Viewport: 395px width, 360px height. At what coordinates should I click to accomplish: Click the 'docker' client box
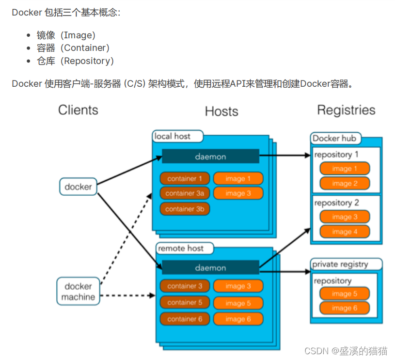(x=78, y=187)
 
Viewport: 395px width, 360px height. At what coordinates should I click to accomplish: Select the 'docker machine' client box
(x=78, y=291)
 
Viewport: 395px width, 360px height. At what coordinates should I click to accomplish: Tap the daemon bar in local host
(x=210, y=157)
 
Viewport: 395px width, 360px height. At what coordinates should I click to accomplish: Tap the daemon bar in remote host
(x=210, y=267)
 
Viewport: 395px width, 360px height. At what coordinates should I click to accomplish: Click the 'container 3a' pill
(x=185, y=193)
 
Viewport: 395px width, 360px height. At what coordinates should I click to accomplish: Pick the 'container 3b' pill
(x=185, y=209)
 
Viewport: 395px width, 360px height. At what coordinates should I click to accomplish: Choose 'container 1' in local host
(x=185, y=178)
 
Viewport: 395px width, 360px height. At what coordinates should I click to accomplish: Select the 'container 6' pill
(x=185, y=319)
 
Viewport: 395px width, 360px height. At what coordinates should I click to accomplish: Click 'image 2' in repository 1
(x=345, y=184)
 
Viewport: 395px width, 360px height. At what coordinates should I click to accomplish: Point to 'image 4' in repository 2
(x=345, y=232)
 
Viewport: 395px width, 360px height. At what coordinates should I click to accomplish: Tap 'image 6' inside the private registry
(x=345, y=308)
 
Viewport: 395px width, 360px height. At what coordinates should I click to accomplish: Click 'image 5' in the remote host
(x=238, y=303)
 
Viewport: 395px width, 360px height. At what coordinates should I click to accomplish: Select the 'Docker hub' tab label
(x=334, y=139)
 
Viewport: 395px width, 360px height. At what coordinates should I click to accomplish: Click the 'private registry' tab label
(x=347, y=264)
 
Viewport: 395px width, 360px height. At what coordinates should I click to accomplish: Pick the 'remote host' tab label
(x=181, y=249)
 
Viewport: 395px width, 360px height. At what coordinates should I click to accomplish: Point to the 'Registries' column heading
(x=346, y=110)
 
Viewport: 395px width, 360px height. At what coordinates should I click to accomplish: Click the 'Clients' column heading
(x=78, y=110)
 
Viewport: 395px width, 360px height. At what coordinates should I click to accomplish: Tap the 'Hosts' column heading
(x=221, y=111)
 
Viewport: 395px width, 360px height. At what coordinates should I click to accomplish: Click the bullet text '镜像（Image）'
(x=66, y=35)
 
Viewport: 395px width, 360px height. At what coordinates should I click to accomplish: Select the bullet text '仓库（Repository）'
(x=75, y=61)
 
